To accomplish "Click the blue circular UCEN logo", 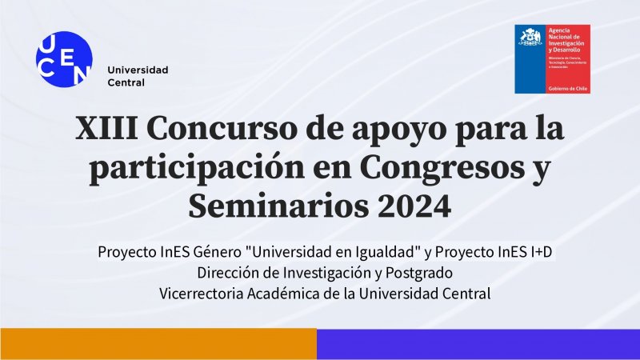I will click(64, 58).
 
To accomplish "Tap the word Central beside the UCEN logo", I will click(126, 82).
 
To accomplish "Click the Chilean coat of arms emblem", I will click(530, 38).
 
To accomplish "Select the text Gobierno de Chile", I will click(567, 88).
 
